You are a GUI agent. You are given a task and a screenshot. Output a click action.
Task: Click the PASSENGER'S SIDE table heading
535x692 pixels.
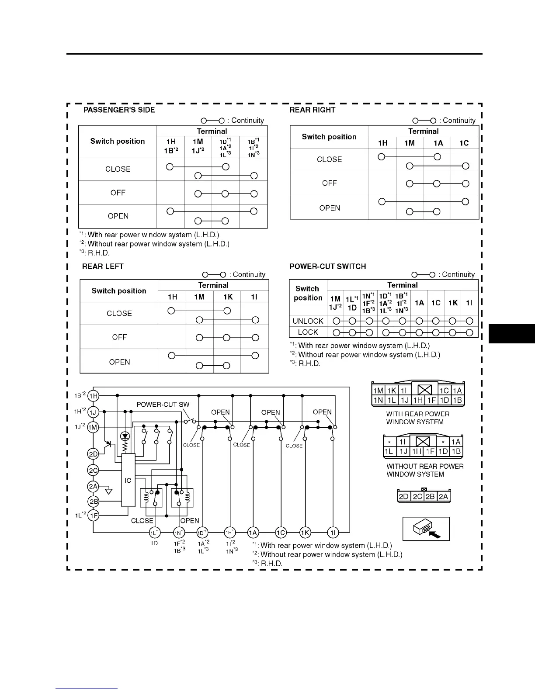coord(119,110)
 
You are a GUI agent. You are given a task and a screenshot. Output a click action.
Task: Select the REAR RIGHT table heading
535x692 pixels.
coord(312,110)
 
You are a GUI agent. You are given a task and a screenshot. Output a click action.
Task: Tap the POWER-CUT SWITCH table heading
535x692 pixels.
coord(327,266)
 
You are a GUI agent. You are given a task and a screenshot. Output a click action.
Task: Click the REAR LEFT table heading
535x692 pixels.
coord(103,266)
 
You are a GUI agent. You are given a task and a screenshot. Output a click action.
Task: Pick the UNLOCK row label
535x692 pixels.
coord(308,321)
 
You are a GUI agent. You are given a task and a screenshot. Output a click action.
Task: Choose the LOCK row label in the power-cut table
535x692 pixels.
coord(308,332)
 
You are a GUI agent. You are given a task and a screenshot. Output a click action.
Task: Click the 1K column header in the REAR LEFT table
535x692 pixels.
coord(227,297)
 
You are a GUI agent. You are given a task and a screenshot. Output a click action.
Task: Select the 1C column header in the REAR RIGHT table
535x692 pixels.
coord(464,143)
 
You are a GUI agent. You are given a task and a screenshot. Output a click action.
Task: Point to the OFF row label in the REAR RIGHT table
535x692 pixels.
coord(329,183)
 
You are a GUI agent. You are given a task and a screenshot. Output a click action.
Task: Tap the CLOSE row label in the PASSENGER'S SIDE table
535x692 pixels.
coord(118,169)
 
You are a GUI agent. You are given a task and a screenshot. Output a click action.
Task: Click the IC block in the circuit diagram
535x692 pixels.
coord(128,481)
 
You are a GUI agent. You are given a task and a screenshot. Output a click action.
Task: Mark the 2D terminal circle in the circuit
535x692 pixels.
coord(93,454)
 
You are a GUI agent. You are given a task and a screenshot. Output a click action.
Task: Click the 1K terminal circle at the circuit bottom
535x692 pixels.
coord(305,533)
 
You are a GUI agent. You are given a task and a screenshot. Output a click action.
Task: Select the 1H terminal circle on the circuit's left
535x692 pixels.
coord(94,396)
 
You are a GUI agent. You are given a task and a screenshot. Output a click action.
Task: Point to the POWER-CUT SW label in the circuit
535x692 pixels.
coord(163,405)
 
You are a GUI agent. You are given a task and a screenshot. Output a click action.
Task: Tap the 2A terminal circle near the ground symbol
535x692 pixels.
coord(93,486)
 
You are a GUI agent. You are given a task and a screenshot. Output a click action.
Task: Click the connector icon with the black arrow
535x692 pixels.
coord(426,529)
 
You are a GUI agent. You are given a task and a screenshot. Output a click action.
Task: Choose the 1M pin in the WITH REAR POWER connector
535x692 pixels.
coord(378,391)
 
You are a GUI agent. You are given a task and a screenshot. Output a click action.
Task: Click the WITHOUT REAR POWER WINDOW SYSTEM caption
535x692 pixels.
coord(424,471)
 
